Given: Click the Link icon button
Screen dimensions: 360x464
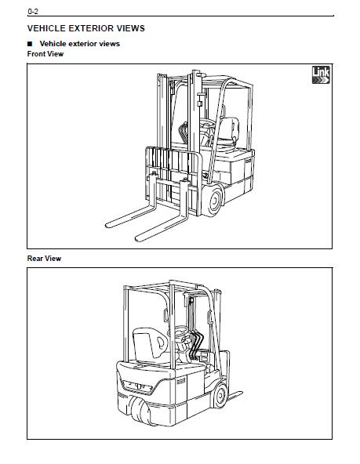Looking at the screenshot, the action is pos(321,75).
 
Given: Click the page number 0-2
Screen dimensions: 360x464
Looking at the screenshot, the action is pos(33,12).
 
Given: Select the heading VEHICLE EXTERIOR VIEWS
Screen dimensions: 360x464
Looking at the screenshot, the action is pos(85,28).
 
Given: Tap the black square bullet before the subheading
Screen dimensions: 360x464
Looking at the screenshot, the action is pos(30,44).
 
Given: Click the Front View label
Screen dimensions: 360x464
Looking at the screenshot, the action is pos(45,54).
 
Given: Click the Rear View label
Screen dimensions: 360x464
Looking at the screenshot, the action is pos(44,259).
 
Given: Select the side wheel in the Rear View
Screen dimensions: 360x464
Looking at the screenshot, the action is pos(221,395).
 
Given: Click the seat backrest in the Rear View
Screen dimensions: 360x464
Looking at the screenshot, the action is pos(150,343).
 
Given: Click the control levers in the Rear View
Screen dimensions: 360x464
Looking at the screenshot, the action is pos(196,345).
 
